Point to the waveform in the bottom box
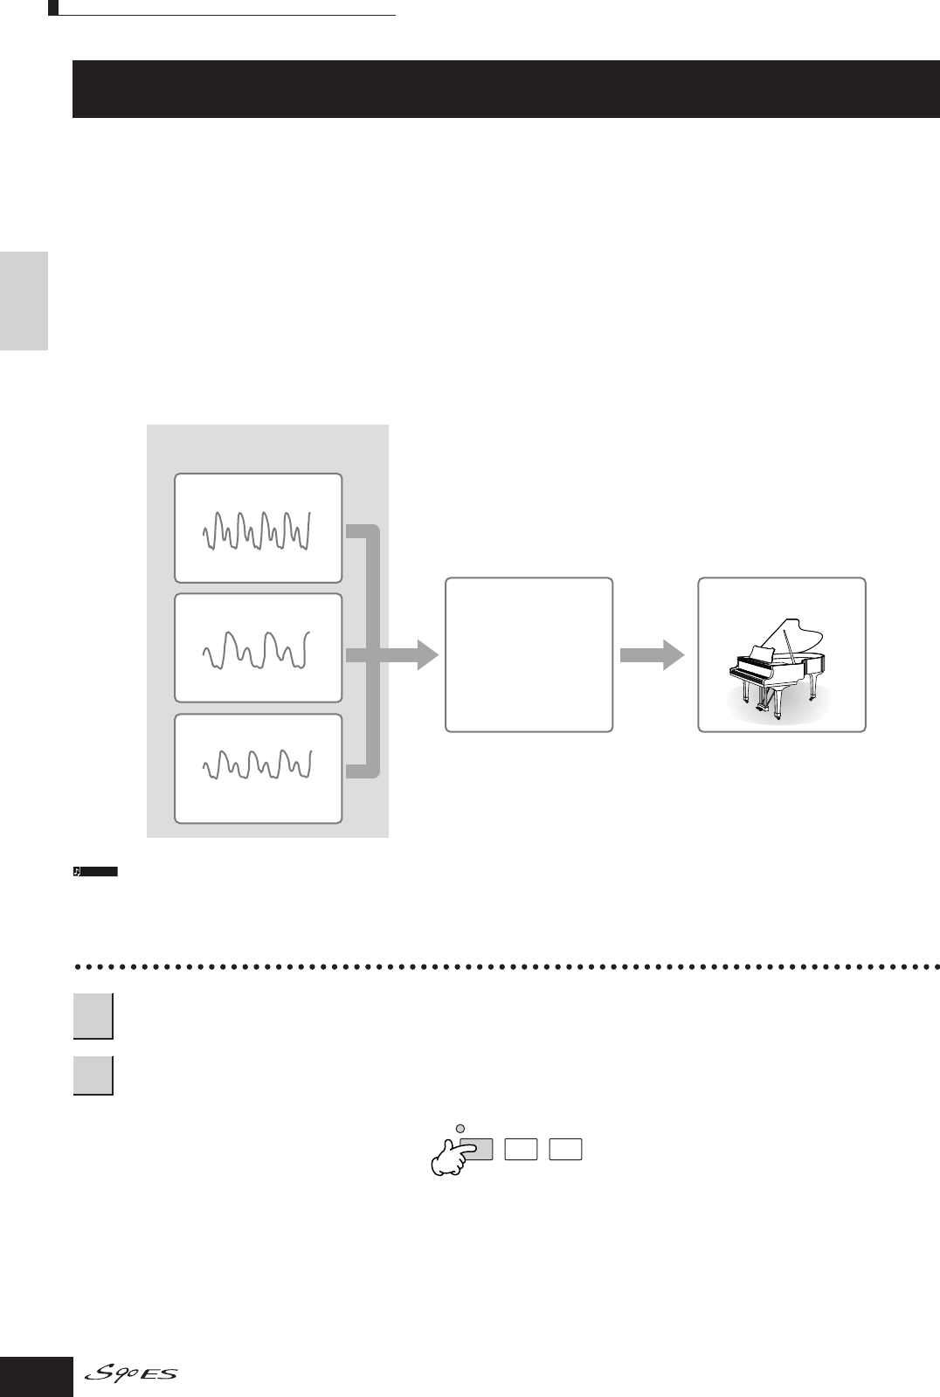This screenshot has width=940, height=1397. [258, 766]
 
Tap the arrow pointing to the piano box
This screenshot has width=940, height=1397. [653, 654]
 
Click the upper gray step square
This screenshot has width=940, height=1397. [93, 1016]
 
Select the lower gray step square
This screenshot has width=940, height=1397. [93, 1075]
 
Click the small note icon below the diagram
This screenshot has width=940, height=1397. [78, 872]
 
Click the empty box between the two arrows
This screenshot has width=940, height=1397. [529, 654]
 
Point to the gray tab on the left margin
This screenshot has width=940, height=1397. [24, 301]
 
